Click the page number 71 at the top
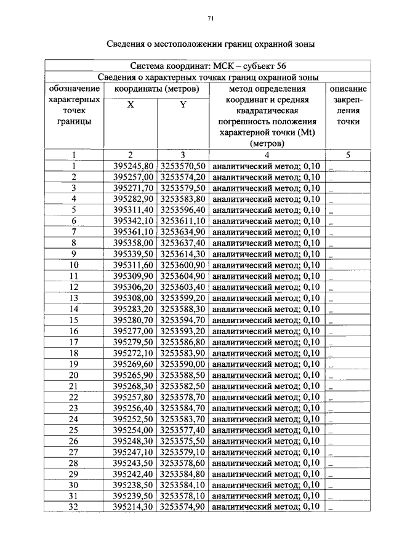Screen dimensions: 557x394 pos(210,19)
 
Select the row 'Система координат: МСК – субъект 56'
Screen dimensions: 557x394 pos(208,66)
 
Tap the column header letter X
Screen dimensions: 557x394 pos(131,105)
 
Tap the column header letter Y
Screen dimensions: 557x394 pos(183,105)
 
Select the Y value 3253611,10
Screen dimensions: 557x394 pos(183,221)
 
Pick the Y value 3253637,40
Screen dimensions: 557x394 pos(183,243)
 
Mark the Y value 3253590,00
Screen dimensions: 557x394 pos(183,364)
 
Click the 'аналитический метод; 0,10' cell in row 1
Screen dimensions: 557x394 pos(266,166)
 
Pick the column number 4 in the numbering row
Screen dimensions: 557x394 pos(267,155)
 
